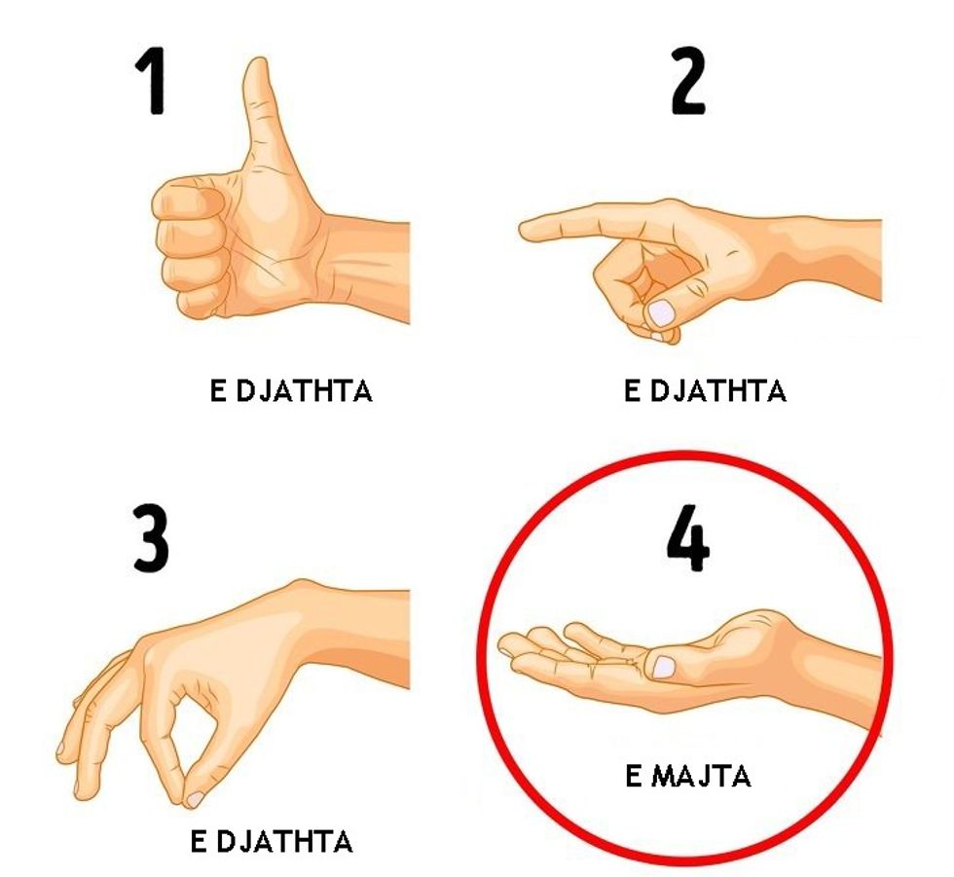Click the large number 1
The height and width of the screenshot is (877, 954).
[152, 81]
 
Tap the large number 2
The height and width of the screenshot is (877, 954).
[688, 81]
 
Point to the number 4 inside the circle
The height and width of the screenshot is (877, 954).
[688, 537]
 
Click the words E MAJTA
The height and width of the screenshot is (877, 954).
[688, 776]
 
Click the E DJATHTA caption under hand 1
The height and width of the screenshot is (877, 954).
[291, 390]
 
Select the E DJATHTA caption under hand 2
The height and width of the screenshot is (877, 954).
[705, 390]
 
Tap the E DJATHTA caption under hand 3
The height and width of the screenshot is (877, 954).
[272, 842]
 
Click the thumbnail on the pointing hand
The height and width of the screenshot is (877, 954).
[662, 312]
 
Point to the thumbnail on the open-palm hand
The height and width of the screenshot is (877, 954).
[663, 667]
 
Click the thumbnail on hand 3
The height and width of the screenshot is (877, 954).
[196, 799]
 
